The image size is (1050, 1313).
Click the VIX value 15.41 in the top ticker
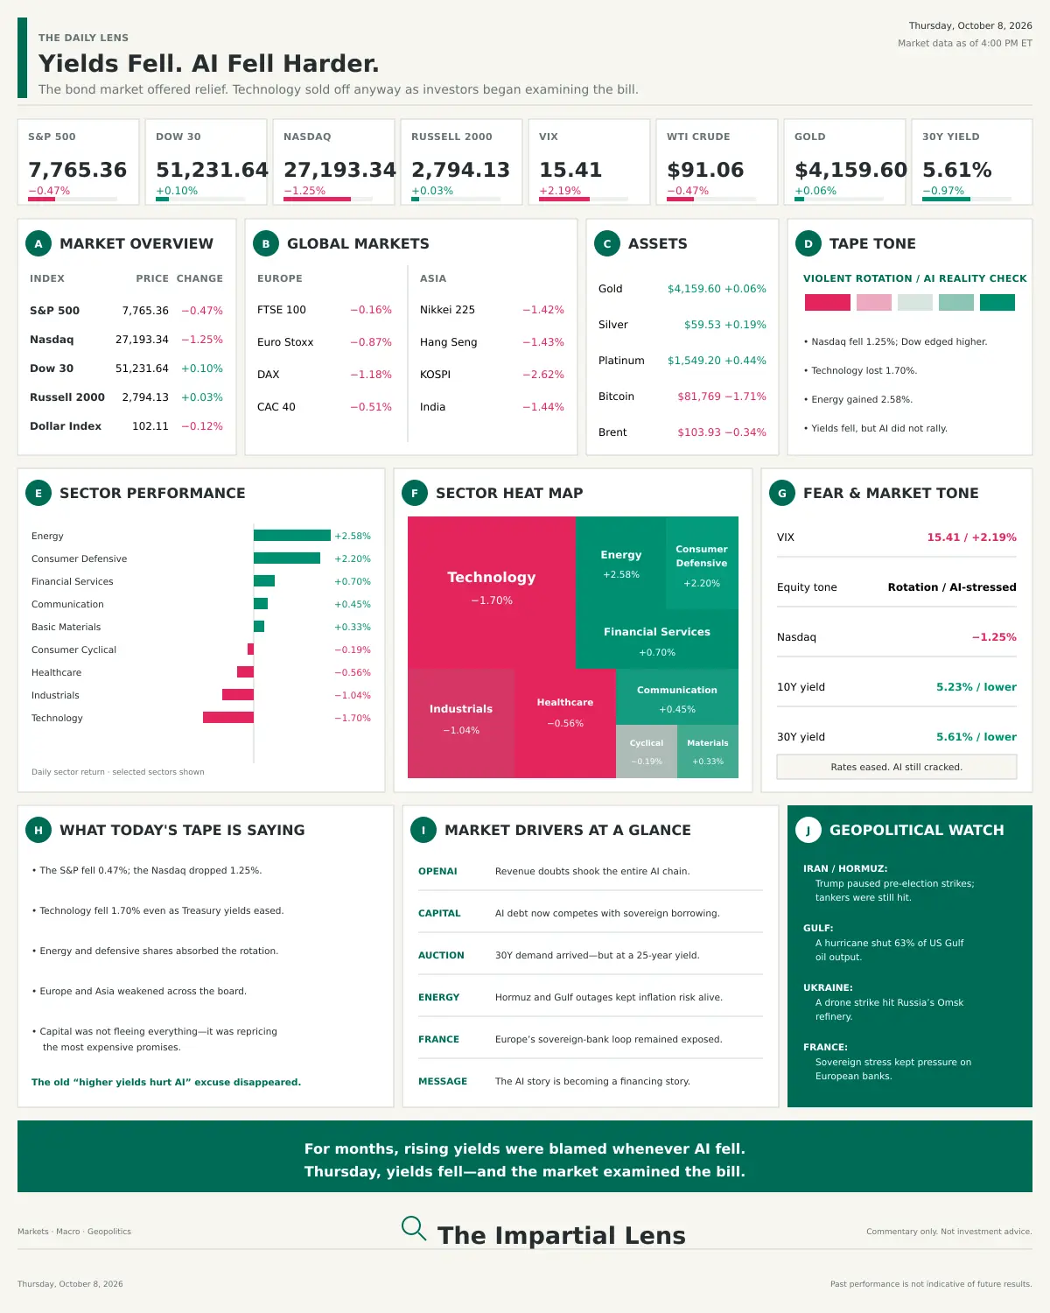point(570,170)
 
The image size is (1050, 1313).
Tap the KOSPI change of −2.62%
point(543,374)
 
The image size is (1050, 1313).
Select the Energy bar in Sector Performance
point(291,535)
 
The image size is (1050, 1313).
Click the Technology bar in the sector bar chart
point(228,718)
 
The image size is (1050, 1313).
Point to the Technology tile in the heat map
point(491,592)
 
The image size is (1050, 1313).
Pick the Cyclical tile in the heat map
point(646,751)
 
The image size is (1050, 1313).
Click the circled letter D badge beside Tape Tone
point(808,243)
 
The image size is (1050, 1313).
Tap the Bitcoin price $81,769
point(699,396)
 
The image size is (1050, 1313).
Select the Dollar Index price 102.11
point(150,426)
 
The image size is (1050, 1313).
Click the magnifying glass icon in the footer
point(413,1227)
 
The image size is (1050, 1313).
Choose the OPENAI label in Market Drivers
point(437,871)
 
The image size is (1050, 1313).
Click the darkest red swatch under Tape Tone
point(827,302)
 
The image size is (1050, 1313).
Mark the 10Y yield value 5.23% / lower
point(976,687)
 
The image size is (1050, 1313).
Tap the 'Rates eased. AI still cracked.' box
point(896,767)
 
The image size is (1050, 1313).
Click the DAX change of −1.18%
point(371,374)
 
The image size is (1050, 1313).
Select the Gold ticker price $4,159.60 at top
point(850,170)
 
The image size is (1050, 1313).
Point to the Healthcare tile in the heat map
point(565,723)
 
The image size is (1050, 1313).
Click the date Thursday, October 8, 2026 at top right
point(970,25)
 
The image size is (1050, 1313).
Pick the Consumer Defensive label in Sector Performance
point(80,558)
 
